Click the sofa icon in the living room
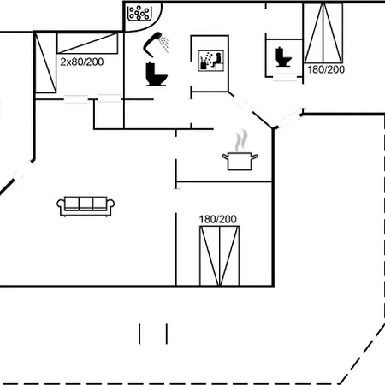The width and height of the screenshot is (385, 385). coord(86,206)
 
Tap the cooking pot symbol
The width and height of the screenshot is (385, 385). coord(240,161)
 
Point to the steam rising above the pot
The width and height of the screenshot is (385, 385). coord(241,140)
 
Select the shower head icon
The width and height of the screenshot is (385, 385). coord(156,44)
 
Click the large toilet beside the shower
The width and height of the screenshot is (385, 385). coord(156,74)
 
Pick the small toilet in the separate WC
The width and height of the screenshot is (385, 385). coord(283,57)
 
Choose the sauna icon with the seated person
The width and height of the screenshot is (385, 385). coord(211,61)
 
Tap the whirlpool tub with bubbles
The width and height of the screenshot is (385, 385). coord(139,13)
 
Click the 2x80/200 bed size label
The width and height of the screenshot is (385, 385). coord(82,62)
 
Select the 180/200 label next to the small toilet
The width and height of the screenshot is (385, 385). coord(326,69)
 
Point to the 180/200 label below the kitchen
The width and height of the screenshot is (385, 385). coord(218,219)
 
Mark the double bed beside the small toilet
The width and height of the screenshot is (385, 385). coord(323,33)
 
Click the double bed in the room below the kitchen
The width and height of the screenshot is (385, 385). coord(220,256)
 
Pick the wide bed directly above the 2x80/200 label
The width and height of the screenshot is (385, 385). coord(87,43)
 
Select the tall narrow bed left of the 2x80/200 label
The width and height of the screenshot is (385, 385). coord(45,62)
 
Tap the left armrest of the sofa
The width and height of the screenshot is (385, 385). coord(61,206)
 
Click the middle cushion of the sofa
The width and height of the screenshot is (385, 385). coord(86,204)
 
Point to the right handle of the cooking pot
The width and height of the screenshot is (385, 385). coord(255,157)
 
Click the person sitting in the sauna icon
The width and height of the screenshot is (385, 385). coord(217,60)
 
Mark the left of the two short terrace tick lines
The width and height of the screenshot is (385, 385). coord(139,334)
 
